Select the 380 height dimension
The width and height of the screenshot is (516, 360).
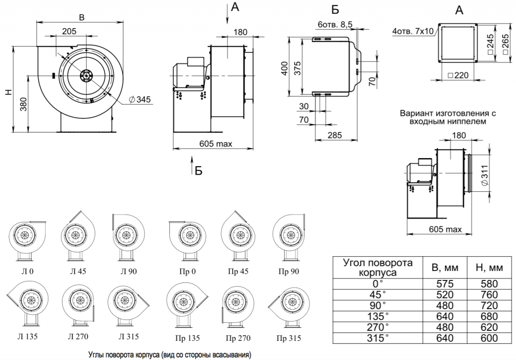[24, 103]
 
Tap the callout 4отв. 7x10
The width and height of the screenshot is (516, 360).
[413, 32]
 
